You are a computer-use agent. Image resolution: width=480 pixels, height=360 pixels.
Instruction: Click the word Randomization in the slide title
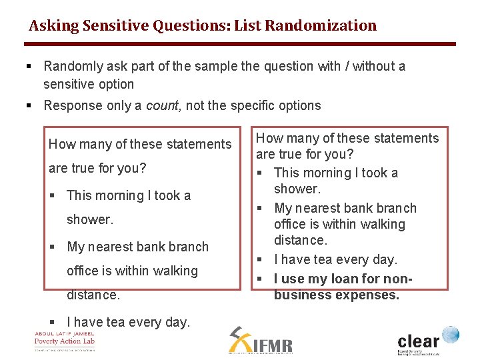[321, 26]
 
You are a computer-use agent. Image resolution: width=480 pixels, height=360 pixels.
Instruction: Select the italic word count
[163, 105]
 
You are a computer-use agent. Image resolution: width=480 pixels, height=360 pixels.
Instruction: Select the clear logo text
[418, 342]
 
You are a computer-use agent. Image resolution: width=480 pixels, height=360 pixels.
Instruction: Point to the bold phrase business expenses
[337, 295]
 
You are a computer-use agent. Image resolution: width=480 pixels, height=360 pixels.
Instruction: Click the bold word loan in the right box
[348, 279]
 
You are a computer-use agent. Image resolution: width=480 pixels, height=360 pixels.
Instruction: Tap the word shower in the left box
[89, 219]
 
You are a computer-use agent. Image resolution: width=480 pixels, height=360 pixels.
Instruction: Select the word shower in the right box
[297, 189]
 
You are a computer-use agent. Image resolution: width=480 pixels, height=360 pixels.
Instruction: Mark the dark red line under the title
[240, 44]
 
